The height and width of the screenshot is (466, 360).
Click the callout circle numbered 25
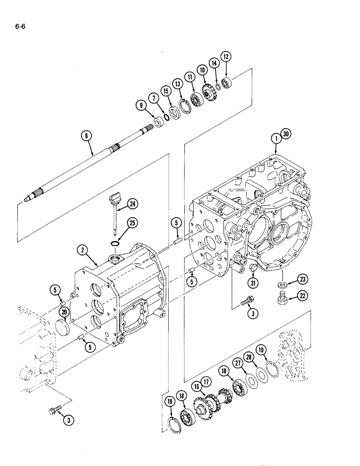pos(132,224)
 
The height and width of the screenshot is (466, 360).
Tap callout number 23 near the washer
pos(291,280)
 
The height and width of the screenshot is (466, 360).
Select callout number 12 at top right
pos(226,57)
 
